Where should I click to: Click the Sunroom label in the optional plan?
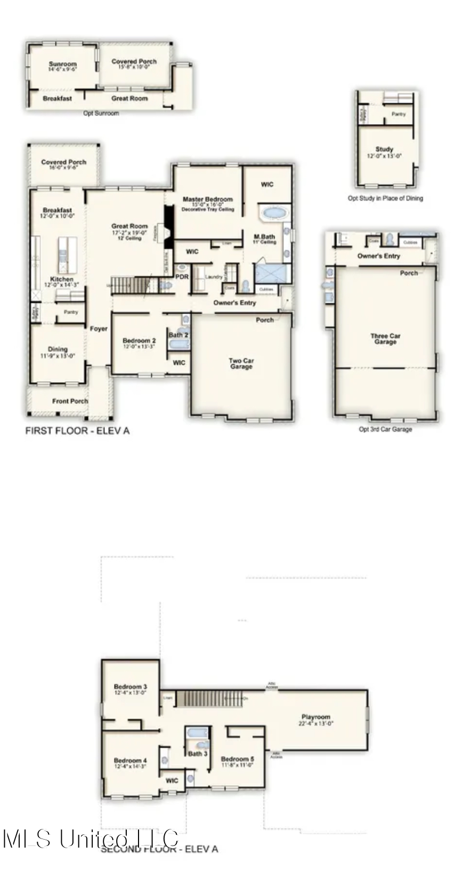(63, 64)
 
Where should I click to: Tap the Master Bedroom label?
(207, 199)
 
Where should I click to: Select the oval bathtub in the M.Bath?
(274, 213)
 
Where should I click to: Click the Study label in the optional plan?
(384, 150)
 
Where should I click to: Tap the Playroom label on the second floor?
(315, 717)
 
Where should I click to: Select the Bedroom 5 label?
(237, 759)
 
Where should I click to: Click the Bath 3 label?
(198, 753)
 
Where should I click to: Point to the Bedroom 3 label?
(130, 687)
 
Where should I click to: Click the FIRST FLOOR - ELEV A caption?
(77, 431)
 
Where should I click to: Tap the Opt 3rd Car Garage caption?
(385, 429)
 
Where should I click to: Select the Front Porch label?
(70, 401)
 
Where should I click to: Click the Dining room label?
(58, 350)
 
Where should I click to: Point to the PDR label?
(182, 277)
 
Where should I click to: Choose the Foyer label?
(99, 329)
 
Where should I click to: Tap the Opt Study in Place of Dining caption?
(385, 198)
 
